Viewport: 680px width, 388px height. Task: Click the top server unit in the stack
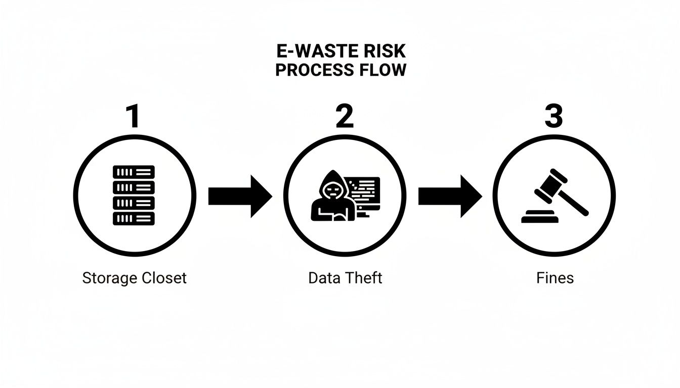(x=134, y=172)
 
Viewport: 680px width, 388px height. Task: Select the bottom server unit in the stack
(x=134, y=218)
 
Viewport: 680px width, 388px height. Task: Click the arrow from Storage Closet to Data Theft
(x=240, y=196)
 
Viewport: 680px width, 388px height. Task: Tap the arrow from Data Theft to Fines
(x=450, y=196)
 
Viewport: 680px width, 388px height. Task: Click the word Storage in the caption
(x=107, y=278)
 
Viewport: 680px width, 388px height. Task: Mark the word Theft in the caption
(x=364, y=278)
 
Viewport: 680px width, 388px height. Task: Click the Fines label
(x=555, y=278)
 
